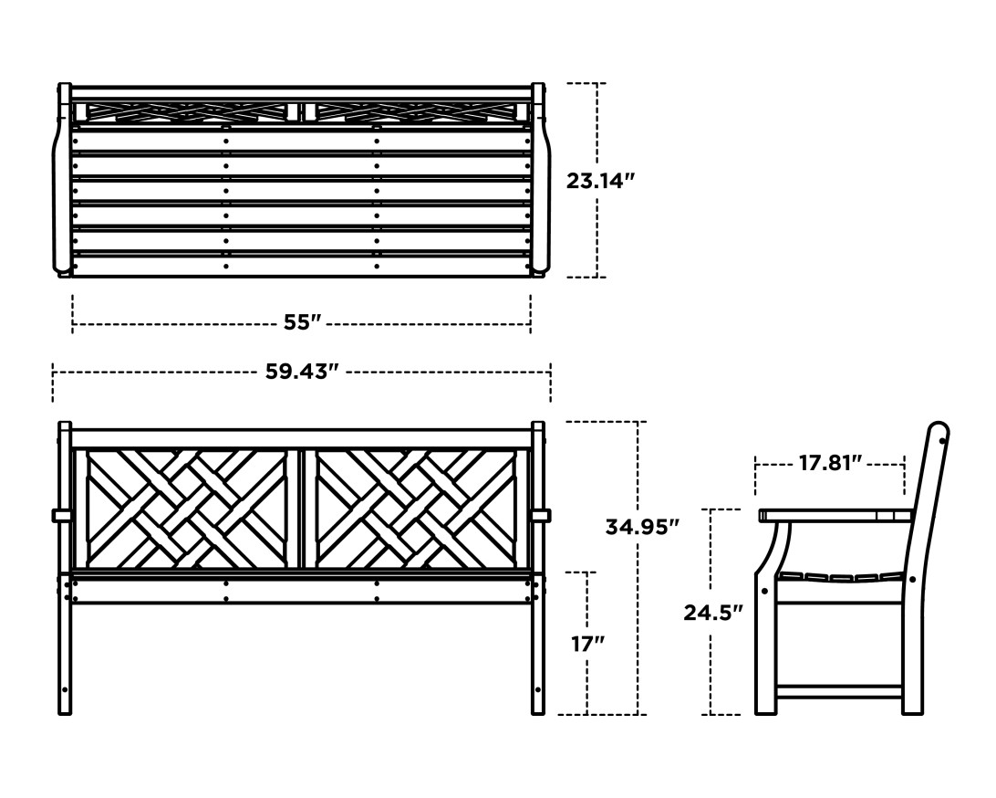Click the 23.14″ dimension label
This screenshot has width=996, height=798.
pyautogui.click(x=599, y=180)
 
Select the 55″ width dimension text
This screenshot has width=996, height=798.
pyautogui.click(x=302, y=322)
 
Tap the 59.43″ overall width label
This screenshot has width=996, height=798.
pyautogui.click(x=302, y=373)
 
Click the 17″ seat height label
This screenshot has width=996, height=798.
pyautogui.click(x=587, y=644)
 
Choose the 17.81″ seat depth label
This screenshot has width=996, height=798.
pyautogui.click(x=830, y=463)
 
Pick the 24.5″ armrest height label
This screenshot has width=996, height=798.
pyautogui.click(x=713, y=613)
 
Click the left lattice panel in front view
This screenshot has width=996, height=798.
pyautogui.click(x=186, y=508)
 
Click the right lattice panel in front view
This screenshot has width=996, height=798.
pyautogui.click(x=416, y=508)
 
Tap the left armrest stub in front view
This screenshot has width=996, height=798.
pyautogui.click(x=60, y=516)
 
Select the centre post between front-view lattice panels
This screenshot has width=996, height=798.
pyautogui.click(x=302, y=508)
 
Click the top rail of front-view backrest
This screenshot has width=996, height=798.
pyautogui.click(x=302, y=438)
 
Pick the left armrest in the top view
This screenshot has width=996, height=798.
pyautogui.click(x=62, y=183)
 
